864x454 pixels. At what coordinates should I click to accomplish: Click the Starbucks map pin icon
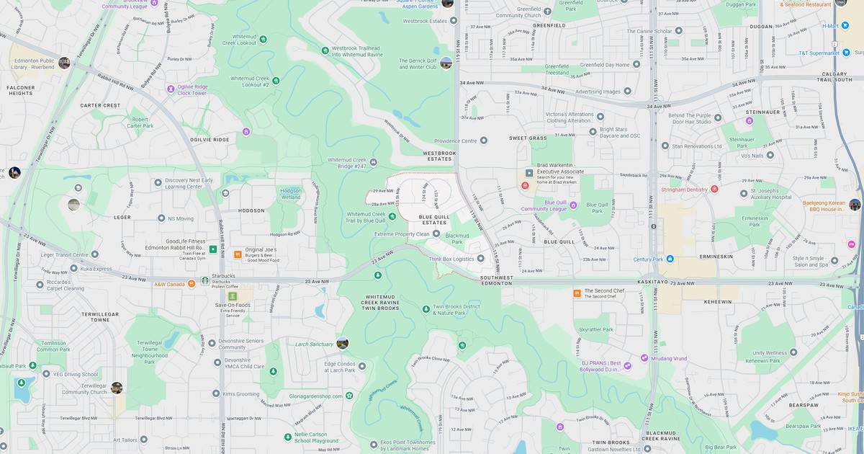(204, 280)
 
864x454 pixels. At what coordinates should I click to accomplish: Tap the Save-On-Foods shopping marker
(233, 296)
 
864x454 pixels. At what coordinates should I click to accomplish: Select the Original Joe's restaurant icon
(238, 254)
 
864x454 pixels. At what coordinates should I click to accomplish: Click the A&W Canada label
(170, 284)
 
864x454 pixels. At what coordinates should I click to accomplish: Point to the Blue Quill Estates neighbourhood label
(433, 219)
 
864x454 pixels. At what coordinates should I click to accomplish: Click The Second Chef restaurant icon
(577, 293)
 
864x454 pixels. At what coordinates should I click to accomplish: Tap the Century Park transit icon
(670, 259)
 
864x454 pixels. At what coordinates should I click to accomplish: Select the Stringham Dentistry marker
(714, 189)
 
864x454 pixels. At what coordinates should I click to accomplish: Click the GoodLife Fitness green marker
(213, 249)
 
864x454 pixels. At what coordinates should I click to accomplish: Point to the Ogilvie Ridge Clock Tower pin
(171, 89)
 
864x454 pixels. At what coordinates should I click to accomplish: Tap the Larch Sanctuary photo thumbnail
(342, 343)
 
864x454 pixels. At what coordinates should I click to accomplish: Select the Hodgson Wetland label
(290, 193)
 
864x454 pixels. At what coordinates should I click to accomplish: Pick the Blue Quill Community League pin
(573, 205)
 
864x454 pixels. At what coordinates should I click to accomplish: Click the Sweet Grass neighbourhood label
(528, 138)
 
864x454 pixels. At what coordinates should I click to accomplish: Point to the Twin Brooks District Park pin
(426, 309)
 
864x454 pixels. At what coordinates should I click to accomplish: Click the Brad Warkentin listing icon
(529, 173)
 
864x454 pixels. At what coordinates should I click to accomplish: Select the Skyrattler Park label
(596, 329)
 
